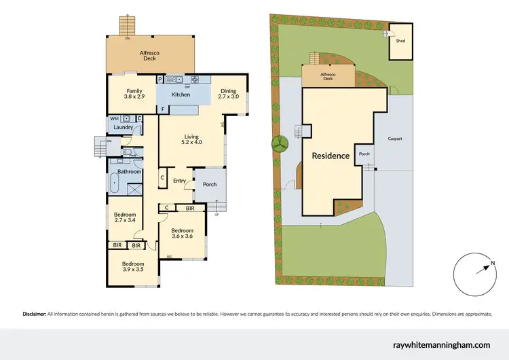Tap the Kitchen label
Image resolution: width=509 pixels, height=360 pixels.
coord(180,94)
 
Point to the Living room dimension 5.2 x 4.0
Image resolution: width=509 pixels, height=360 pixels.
coord(192,142)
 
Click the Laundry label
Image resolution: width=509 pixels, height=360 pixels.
coord(123,127)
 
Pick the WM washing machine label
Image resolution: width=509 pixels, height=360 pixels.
coord(114,118)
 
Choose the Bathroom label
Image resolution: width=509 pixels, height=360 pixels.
coord(129,172)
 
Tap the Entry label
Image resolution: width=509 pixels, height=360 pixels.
coord(179,180)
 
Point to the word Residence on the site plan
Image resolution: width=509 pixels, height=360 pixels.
coord(331,156)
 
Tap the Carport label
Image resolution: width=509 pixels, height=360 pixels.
coord(395,139)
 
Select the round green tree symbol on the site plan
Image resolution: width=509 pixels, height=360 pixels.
coord(279,143)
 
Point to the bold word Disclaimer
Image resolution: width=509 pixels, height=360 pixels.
coord(35,314)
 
